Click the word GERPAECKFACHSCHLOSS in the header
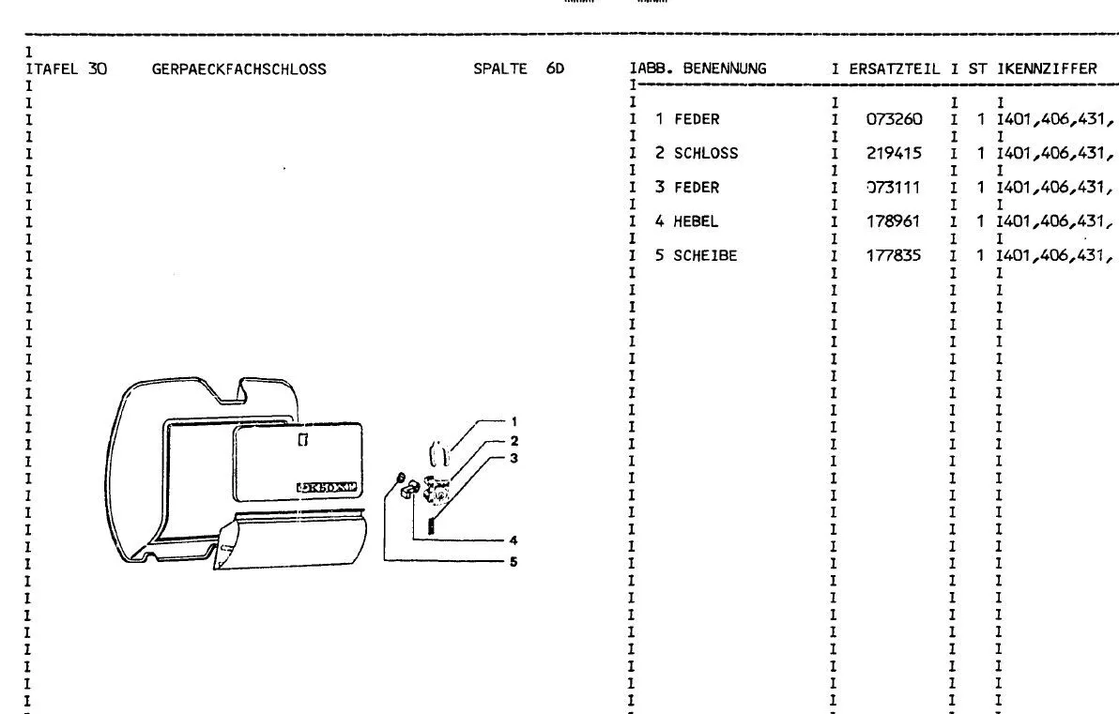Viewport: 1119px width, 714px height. tap(238, 68)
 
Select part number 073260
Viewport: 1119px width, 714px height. tap(895, 119)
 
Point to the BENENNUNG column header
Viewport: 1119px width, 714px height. tap(725, 68)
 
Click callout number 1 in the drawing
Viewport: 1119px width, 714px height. tap(514, 420)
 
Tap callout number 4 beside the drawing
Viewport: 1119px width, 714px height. tap(514, 539)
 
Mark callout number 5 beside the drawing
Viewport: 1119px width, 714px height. tap(514, 562)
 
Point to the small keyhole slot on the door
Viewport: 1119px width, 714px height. tap(301, 438)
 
